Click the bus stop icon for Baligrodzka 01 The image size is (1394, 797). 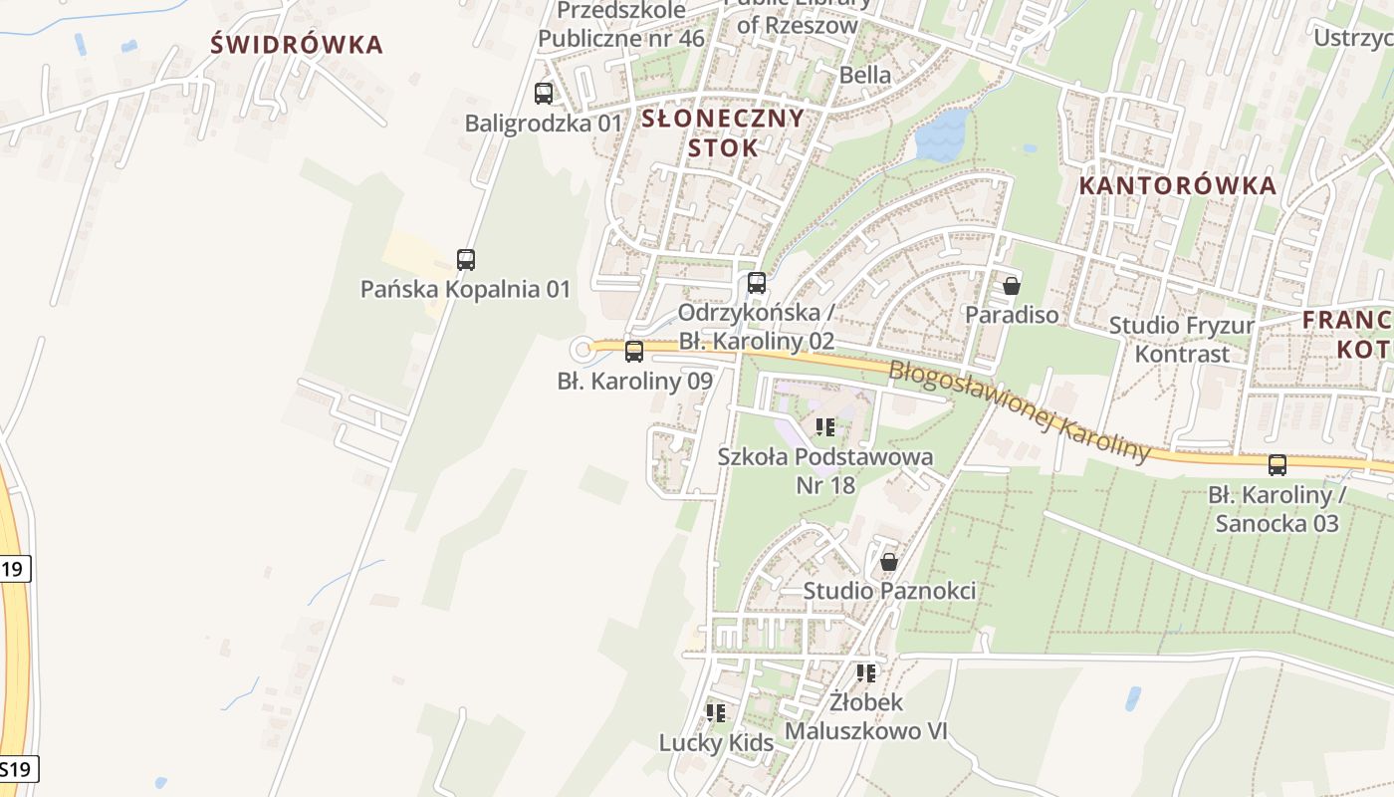(543, 94)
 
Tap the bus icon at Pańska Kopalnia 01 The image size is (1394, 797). (465, 260)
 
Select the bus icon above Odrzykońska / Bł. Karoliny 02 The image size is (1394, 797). (757, 283)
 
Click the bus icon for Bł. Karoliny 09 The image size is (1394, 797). (634, 352)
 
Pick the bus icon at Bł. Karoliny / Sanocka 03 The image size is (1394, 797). (1278, 465)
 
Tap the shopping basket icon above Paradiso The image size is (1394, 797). (1012, 287)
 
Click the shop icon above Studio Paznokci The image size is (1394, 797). (889, 562)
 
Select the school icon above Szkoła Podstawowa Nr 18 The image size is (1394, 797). (825, 428)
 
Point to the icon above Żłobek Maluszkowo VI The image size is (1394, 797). (866, 673)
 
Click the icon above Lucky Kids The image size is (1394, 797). (716, 713)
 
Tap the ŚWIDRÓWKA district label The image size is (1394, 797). (298, 45)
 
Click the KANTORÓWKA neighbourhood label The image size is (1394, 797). (1178, 185)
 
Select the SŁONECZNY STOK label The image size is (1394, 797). (722, 133)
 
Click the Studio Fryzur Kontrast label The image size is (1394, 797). (1182, 340)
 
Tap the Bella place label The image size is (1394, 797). (865, 75)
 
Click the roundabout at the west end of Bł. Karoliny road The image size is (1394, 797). (583, 350)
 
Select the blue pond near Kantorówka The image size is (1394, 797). (941, 136)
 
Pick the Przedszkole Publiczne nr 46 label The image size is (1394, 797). (621, 24)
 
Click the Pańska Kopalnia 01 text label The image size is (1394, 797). (465, 290)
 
